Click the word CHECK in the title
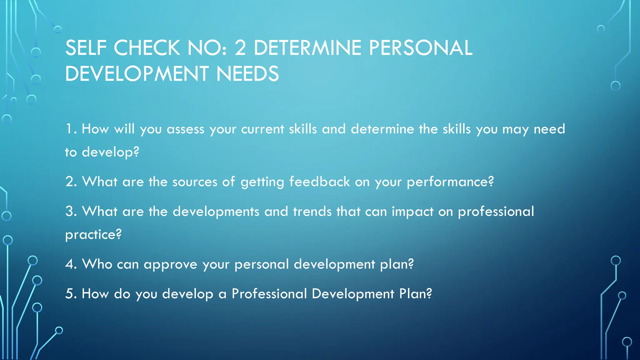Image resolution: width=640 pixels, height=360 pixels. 147,48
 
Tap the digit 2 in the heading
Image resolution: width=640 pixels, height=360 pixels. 240,48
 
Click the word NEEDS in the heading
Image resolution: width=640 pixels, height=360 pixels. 247,74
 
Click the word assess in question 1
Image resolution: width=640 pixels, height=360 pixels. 185,129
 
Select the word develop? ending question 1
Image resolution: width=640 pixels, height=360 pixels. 110,152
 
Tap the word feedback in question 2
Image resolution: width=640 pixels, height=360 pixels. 319,182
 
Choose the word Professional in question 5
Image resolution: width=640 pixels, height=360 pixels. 269,294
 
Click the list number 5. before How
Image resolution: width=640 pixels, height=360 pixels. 71,294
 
